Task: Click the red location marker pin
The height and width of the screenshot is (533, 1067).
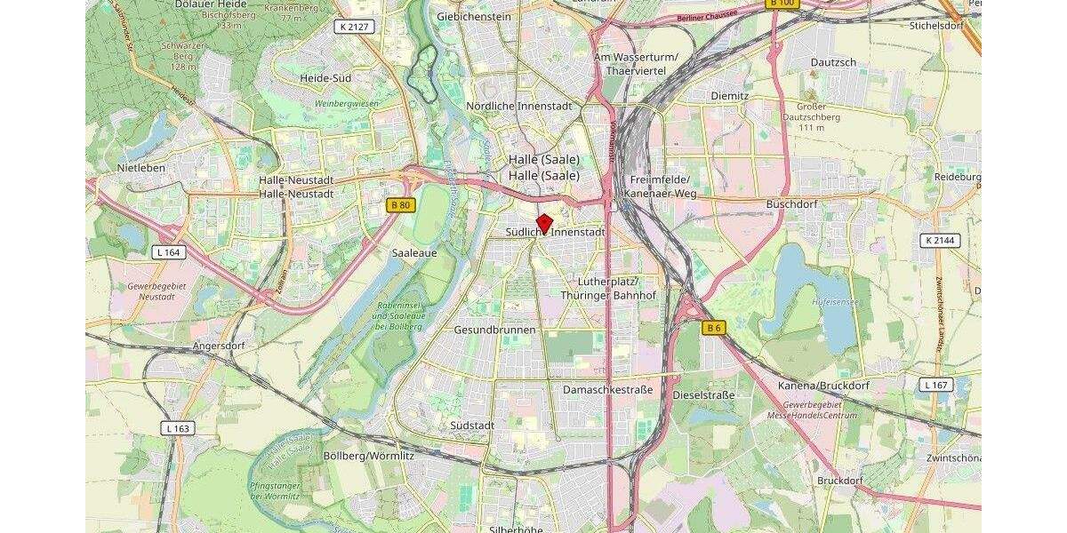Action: (544, 223)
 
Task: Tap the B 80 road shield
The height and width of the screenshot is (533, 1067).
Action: (401, 205)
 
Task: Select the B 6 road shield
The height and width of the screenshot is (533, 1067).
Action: (713, 328)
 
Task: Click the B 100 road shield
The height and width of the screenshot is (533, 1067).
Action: (783, 4)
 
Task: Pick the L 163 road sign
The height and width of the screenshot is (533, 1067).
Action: (178, 428)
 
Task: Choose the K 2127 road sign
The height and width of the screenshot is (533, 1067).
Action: (353, 27)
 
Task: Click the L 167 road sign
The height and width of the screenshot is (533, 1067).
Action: (935, 385)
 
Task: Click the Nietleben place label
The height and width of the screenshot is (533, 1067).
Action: (141, 167)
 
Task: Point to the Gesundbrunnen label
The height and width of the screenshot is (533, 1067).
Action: (495, 330)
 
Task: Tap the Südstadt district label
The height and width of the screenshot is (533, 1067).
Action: (472, 425)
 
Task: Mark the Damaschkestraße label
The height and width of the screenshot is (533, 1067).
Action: (608, 390)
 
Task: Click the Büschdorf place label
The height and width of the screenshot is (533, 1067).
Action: (790, 203)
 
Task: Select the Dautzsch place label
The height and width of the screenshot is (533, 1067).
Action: (833, 62)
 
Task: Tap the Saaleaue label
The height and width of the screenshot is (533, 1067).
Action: (413, 252)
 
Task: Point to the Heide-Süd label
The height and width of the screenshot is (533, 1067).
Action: (325, 78)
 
